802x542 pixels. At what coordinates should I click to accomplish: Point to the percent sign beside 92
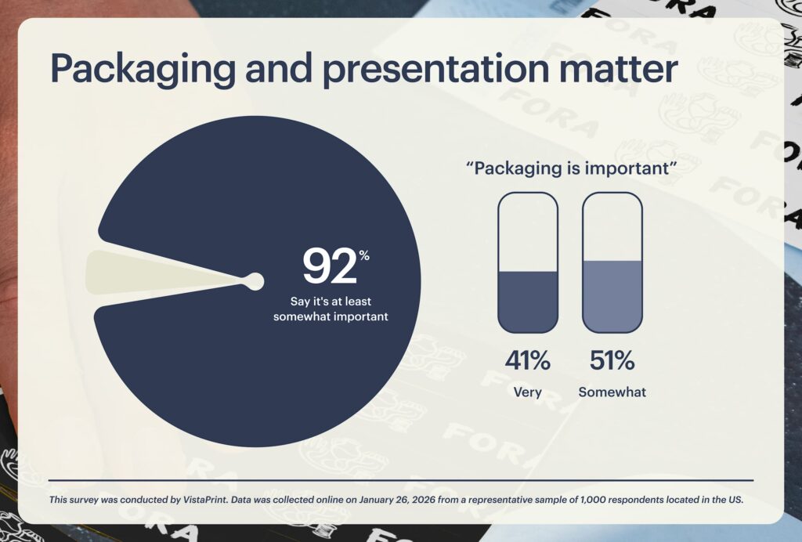364,255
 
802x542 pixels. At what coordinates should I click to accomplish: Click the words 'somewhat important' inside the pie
331,317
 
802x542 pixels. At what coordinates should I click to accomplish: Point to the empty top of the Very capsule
528,231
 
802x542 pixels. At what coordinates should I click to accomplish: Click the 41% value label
527,361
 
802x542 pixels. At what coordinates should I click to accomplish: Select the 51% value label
612,361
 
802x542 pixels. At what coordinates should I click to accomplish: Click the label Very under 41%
527,392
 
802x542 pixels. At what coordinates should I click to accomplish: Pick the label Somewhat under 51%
612,392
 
